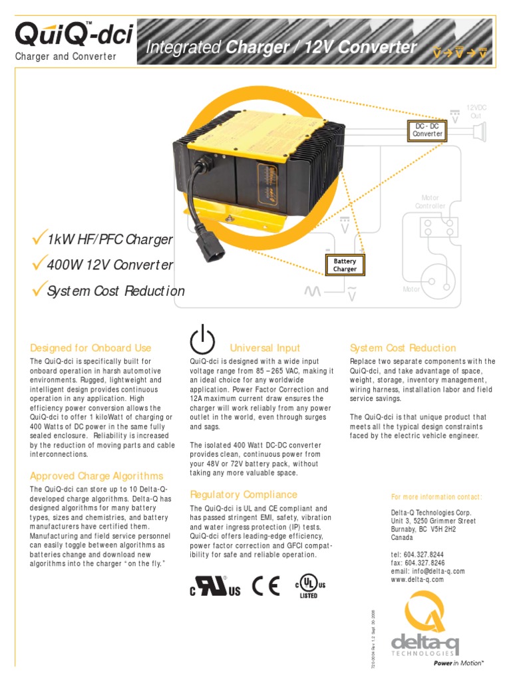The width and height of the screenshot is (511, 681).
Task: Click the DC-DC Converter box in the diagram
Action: click(x=427, y=130)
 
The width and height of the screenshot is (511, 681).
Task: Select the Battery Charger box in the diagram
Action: click(x=345, y=265)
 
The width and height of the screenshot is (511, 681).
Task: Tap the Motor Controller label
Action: click(x=430, y=202)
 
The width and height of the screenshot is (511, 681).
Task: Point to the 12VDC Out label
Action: click(x=476, y=112)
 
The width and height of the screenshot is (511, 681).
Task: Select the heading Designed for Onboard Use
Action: click(x=90, y=348)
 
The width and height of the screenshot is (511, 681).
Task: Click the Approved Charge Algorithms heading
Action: click(x=96, y=476)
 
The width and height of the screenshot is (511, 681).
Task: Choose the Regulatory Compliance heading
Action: click(x=244, y=495)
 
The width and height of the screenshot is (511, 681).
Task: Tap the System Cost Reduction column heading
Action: click(x=403, y=348)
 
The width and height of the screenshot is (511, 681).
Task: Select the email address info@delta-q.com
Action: click(x=439, y=571)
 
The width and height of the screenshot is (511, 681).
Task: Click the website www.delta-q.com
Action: click(x=417, y=579)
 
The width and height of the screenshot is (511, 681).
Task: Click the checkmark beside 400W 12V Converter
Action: click(x=39, y=264)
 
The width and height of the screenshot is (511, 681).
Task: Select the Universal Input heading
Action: click(x=265, y=348)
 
